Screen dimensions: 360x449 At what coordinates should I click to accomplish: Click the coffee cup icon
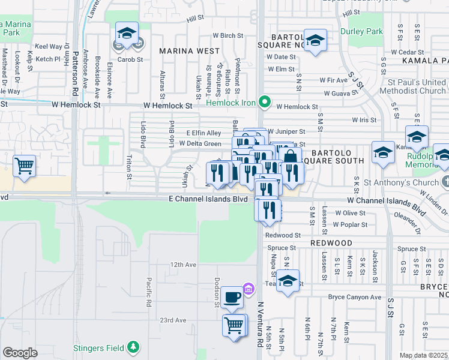coord(232,296)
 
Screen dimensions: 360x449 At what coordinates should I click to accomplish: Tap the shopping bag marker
coord(290,157)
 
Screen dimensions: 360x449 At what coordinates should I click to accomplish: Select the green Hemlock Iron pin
coord(263,102)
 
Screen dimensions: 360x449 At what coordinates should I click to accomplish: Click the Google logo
coord(20,353)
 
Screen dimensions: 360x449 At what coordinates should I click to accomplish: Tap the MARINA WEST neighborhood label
coord(189,51)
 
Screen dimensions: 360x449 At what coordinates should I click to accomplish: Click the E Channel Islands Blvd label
coord(208,199)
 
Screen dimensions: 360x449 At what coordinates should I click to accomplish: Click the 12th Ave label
coord(183,265)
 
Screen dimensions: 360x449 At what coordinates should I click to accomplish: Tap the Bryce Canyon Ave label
coord(355,297)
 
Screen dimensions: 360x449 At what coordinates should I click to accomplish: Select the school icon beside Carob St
coord(127,34)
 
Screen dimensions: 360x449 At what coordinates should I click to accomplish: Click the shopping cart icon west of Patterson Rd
coord(24,166)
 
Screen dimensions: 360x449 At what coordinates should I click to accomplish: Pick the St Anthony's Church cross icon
coord(444,182)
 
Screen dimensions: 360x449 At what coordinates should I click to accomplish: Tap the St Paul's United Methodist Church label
coord(416,86)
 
